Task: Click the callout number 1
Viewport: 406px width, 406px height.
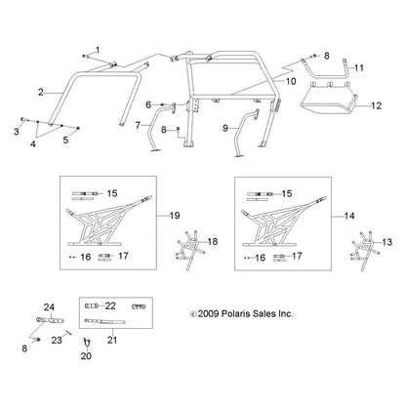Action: [97, 49]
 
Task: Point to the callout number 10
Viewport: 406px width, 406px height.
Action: [289, 85]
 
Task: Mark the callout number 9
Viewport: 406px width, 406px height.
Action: [226, 127]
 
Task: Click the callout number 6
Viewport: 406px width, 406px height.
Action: [148, 103]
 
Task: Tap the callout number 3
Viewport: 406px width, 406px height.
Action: [17, 129]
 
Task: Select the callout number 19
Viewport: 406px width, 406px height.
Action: [203, 215]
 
